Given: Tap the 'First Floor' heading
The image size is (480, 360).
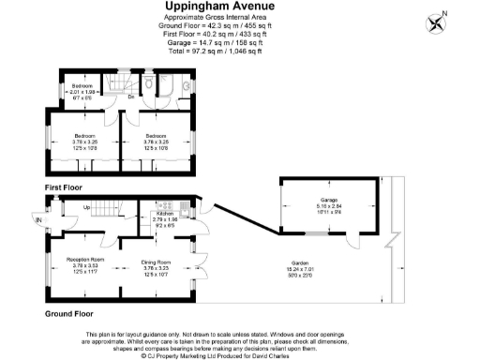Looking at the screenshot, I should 65,187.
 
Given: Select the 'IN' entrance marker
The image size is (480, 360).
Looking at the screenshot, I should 38,220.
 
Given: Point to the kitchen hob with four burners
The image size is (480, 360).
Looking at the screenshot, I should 170,205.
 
